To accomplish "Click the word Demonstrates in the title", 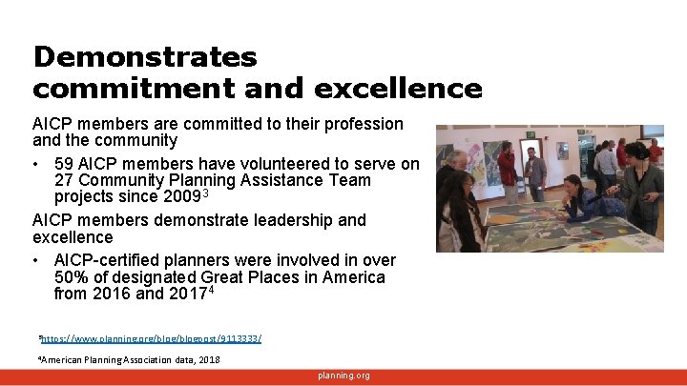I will [145, 57].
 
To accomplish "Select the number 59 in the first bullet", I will [65, 164].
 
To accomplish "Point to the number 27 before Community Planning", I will [65, 180].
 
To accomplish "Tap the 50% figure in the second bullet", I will [71, 277].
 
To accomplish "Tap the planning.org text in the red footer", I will [343, 376].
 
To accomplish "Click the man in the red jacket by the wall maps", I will [508, 172].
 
